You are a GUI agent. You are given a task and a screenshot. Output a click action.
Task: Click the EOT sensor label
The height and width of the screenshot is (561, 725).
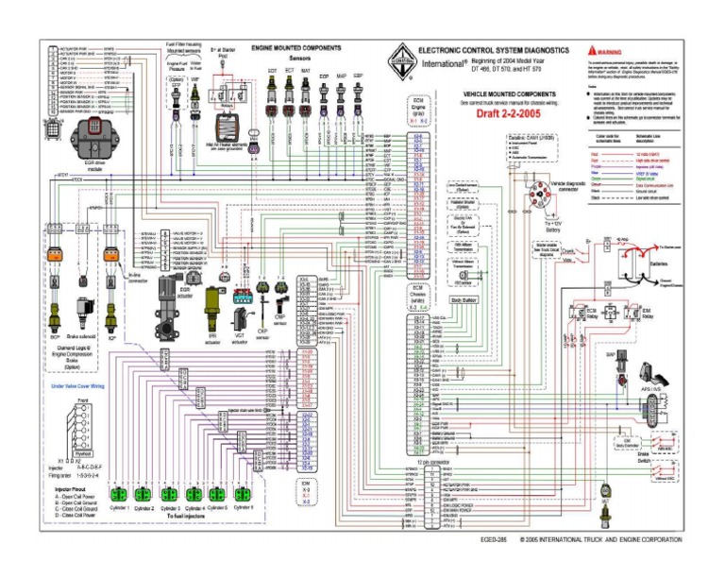coord(273,70)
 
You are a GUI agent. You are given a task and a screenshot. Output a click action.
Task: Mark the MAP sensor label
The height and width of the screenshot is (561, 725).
coord(341,76)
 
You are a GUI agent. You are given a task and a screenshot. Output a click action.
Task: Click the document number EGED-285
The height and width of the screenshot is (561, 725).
coord(494,539)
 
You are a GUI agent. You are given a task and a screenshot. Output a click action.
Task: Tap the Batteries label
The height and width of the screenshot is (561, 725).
coord(662,264)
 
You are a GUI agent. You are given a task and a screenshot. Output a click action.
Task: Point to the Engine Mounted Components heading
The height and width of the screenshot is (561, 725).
coord(297,45)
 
